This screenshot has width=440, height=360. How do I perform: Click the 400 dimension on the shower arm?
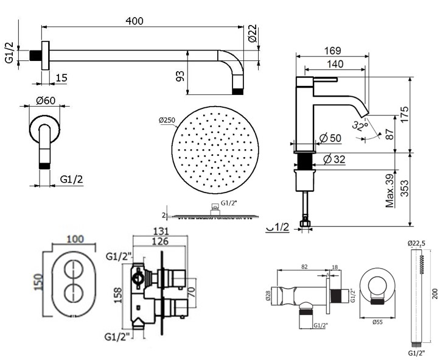click(x=135, y=21)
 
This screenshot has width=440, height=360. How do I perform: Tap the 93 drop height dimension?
click(x=179, y=76)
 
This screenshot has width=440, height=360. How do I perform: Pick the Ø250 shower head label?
click(x=167, y=120)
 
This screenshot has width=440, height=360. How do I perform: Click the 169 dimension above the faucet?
click(x=332, y=51)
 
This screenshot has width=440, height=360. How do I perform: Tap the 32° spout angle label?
click(x=363, y=127)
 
